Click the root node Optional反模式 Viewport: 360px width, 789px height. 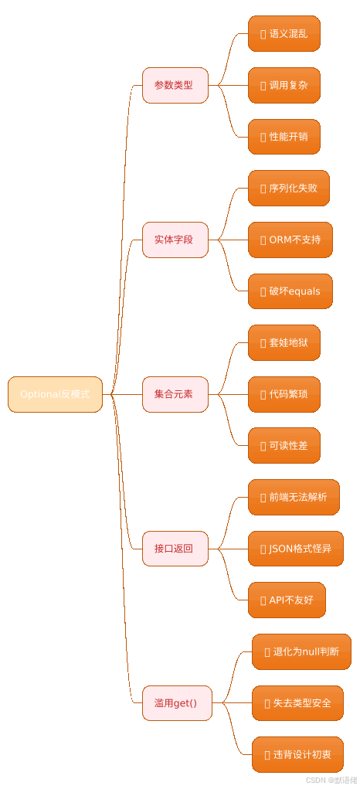pyautogui.click(x=55, y=394)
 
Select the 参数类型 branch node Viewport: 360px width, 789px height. pyautogui.click(x=175, y=85)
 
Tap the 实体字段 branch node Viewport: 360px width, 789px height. pyautogui.click(x=175, y=240)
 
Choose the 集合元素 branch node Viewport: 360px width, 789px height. pyautogui.click(x=175, y=394)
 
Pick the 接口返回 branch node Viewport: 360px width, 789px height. pyautogui.click(x=175, y=549)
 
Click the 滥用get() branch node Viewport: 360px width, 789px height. pyautogui.click(x=176, y=703)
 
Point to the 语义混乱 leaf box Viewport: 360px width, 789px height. pyautogui.click(x=284, y=34)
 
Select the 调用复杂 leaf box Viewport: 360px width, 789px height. pyautogui.click(x=284, y=85)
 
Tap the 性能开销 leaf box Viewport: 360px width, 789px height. pyautogui.click(x=284, y=137)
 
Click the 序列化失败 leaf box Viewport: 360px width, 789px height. pyautogui.click(x=288, y=189)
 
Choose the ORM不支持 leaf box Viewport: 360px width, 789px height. pyautogui.click(x=290, y=240)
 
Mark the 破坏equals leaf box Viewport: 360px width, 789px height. pyautogui.click(x=290, y=291)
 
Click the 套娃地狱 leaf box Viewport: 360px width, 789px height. pyautogui.click(x=284, y=342)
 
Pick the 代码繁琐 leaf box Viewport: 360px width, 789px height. pyautogui.click(x=284, y=394)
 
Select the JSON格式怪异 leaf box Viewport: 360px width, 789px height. pyautogui.click(x=295, y=549)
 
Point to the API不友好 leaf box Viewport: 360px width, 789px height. pyautogui.click(x=286, y=600)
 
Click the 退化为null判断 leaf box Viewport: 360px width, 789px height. pyautogui.click(x=301, y=651)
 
